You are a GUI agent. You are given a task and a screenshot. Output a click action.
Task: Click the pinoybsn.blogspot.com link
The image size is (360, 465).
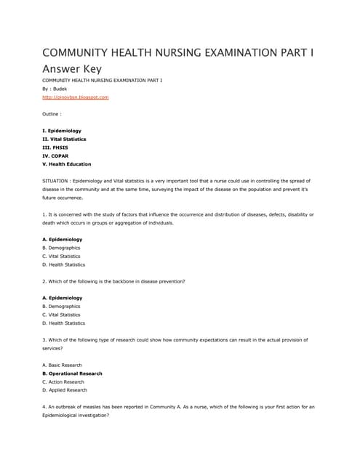coord(76,97)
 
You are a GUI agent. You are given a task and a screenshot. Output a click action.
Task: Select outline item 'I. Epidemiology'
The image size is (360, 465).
coord(62,130)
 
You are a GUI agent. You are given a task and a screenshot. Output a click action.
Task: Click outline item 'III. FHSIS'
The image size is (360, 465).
coord(56,147)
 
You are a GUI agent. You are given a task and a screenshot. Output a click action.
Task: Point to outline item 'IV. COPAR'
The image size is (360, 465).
coord(57,155)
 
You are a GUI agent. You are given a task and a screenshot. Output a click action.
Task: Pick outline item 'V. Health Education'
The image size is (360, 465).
coord(67,163)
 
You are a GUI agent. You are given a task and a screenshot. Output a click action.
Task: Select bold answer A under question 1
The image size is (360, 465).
coord(63,239)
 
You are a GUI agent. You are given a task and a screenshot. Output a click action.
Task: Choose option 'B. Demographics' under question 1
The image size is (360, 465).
coord(62,248)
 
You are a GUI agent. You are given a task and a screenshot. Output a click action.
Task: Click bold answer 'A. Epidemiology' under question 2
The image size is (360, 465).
coord(63,298)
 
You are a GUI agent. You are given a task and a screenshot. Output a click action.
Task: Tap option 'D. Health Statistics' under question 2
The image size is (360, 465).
coord(64,323)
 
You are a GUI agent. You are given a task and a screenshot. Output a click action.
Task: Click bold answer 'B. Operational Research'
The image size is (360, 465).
coord(72,373)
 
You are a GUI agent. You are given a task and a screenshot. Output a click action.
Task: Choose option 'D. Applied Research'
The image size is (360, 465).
coord(65,390)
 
